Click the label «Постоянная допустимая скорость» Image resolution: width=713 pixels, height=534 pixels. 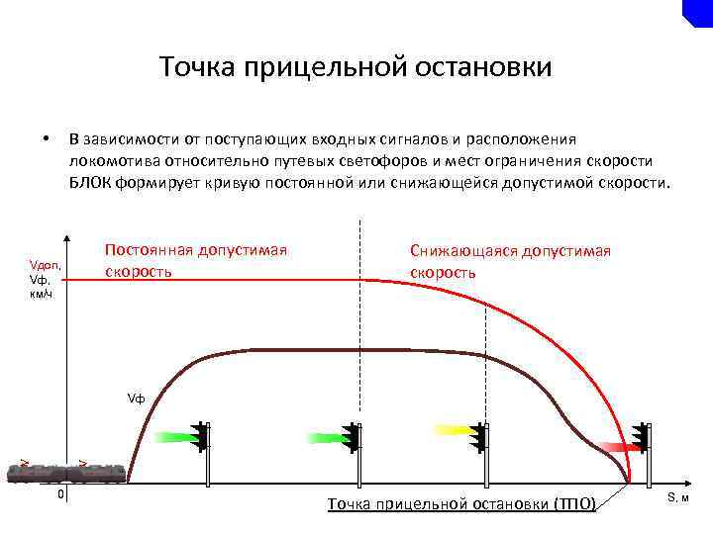[196, 259]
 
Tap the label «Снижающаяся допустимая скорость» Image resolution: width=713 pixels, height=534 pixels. [510, 261]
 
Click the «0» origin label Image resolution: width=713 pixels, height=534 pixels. [59, 492]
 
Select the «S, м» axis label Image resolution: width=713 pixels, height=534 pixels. [677, 497]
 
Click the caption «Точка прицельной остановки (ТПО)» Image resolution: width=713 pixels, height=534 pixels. [461, 504]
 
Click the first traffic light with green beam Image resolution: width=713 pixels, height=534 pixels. [202, 437]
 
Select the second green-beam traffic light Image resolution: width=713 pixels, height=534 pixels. [353, 437]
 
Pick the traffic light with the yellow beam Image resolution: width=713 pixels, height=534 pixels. [480, 436]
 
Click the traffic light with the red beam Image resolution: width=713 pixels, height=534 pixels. [640, 438]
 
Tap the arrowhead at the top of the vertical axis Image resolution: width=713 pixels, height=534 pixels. [66, 238]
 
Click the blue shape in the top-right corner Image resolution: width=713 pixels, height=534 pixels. [699, 11]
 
